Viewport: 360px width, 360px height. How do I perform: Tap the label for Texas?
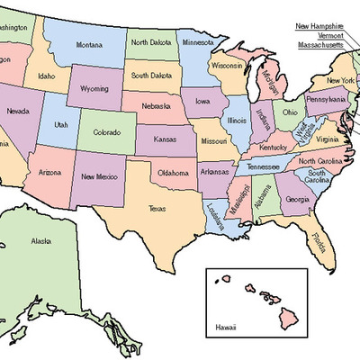pyautogui.click(x=157, y=209)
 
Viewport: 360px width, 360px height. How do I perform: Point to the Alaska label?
pyautogui.click(x=41, y=241)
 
